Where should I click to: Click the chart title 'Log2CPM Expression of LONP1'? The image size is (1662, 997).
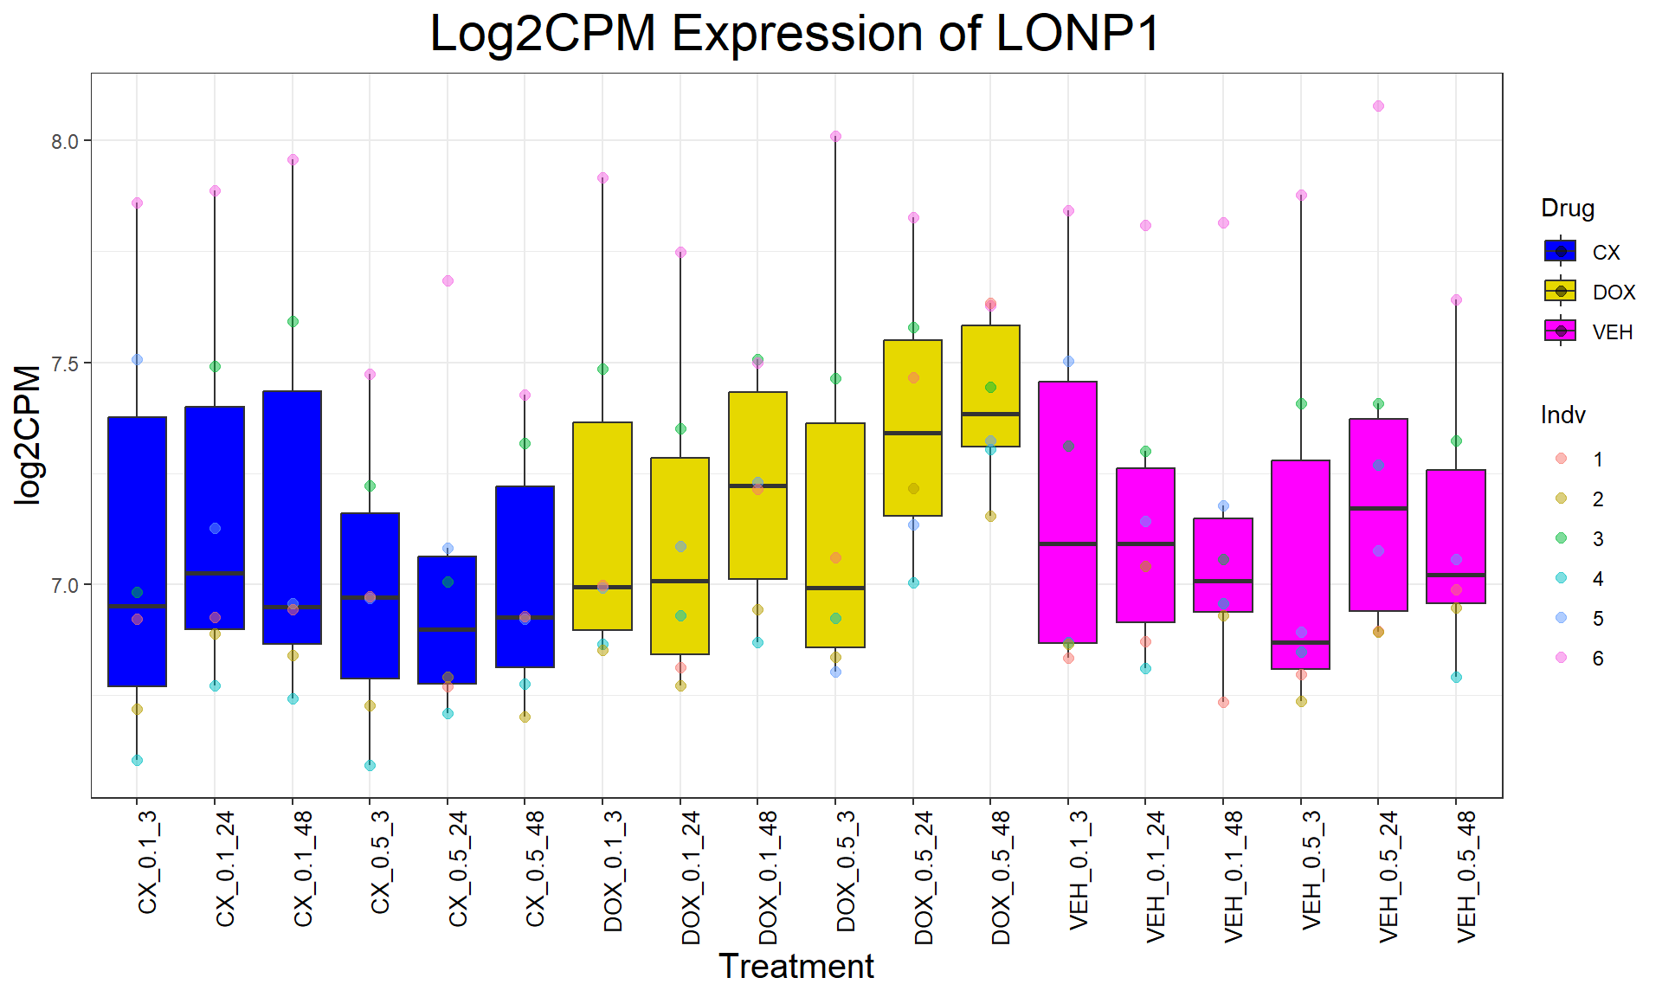coord(795,35)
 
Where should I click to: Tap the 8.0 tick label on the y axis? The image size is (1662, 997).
coord(64,142)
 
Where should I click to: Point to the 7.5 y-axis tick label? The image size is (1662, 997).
coord(64,364)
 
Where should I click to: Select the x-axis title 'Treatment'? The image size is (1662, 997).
coord(796,966)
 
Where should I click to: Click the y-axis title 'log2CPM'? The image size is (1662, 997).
coord(28,434)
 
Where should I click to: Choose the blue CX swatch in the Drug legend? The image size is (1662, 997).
coord(1560,252)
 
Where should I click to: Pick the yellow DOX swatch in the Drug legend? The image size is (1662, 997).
coord(1560,292)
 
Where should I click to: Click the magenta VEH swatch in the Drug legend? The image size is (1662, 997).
coord(1560,331)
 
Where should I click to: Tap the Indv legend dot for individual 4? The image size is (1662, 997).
coord(1561,578)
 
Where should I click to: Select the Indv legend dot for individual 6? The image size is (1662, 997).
coord(1561,658)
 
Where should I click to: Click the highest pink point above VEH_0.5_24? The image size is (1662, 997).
coord(1378,106)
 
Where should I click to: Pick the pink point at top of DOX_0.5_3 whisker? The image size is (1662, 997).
coord(835,137)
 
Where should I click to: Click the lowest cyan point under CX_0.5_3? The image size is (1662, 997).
coord(370,765)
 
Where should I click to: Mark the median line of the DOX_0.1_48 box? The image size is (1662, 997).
coord(757,486)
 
